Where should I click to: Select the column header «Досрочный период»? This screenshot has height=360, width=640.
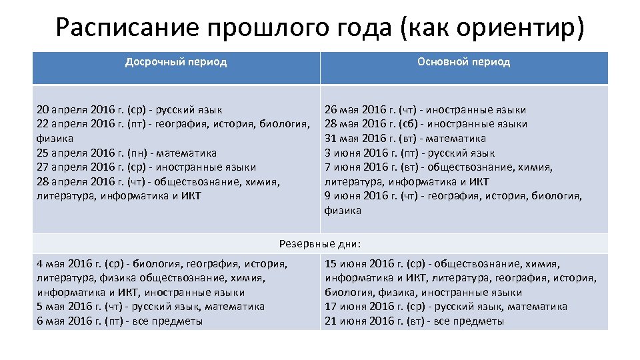[x=176, y=62]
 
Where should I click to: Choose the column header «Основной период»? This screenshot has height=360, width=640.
[x=464, y=62]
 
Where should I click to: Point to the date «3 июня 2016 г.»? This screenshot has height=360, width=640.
[x=359, y=153]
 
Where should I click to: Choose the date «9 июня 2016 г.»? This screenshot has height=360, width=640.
[x=359, y=196]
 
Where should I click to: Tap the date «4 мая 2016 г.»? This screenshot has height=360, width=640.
[x=71, y=264]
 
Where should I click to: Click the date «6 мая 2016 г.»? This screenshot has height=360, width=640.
[x=71, y=321]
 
